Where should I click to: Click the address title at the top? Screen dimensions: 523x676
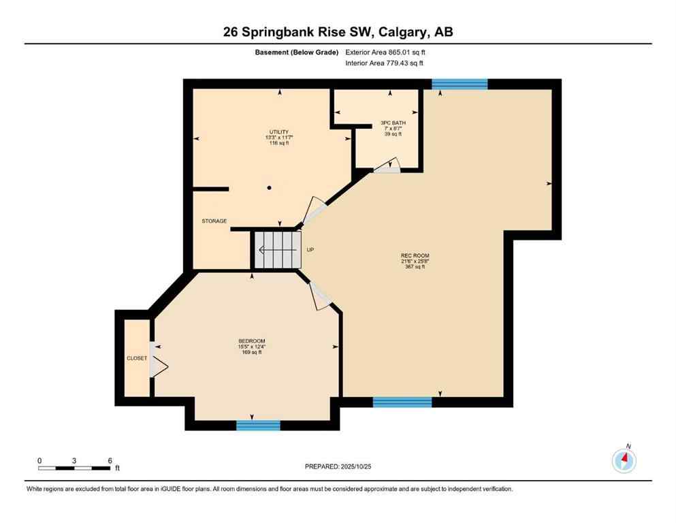338,32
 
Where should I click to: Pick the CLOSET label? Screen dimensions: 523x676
137,358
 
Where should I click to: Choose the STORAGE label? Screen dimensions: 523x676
214,221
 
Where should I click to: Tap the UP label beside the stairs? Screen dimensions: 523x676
310,250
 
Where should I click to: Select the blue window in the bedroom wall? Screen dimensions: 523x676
258,426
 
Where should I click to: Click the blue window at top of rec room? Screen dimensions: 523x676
460,84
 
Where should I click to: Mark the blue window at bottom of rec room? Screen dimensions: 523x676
402,402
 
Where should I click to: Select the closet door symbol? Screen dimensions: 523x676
158,359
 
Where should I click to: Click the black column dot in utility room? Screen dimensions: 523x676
270,188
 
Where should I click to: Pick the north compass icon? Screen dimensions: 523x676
624,461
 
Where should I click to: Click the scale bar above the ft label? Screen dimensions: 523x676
74,468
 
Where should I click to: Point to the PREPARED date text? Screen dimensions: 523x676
338,466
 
